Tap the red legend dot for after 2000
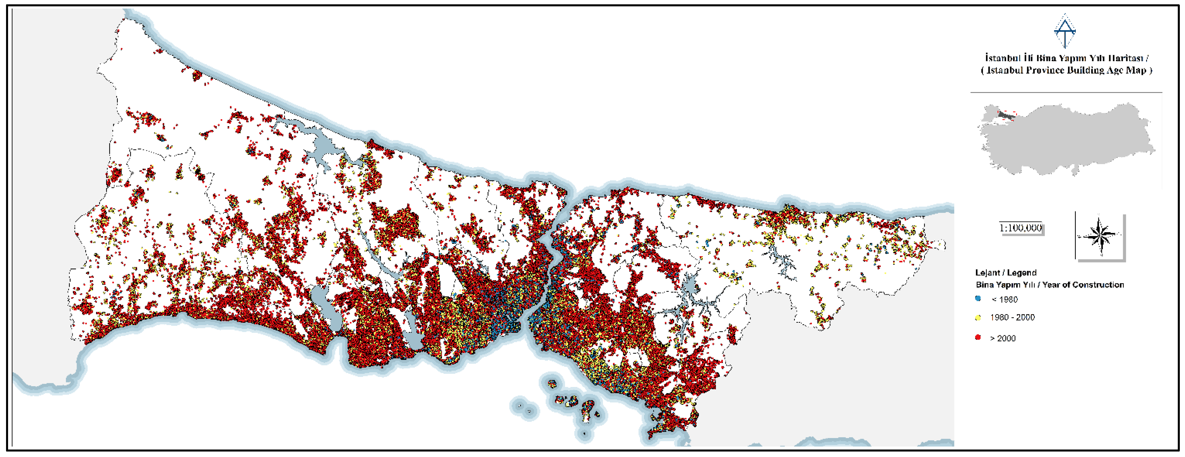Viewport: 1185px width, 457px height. click(978, 337)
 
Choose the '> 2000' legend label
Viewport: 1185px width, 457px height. click(1003, 338)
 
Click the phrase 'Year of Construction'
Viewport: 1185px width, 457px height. click(1083, 285)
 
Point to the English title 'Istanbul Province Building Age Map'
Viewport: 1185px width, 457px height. click(1066, 70)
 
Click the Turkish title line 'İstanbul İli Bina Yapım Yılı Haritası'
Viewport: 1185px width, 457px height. click(1066, 58)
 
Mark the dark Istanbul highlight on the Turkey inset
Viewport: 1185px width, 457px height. click(1006, 115)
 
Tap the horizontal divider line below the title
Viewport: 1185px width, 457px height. click(1066, 92)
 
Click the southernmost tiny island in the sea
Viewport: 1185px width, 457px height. click(584, 434)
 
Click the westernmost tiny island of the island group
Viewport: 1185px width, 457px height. click(520, 406)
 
